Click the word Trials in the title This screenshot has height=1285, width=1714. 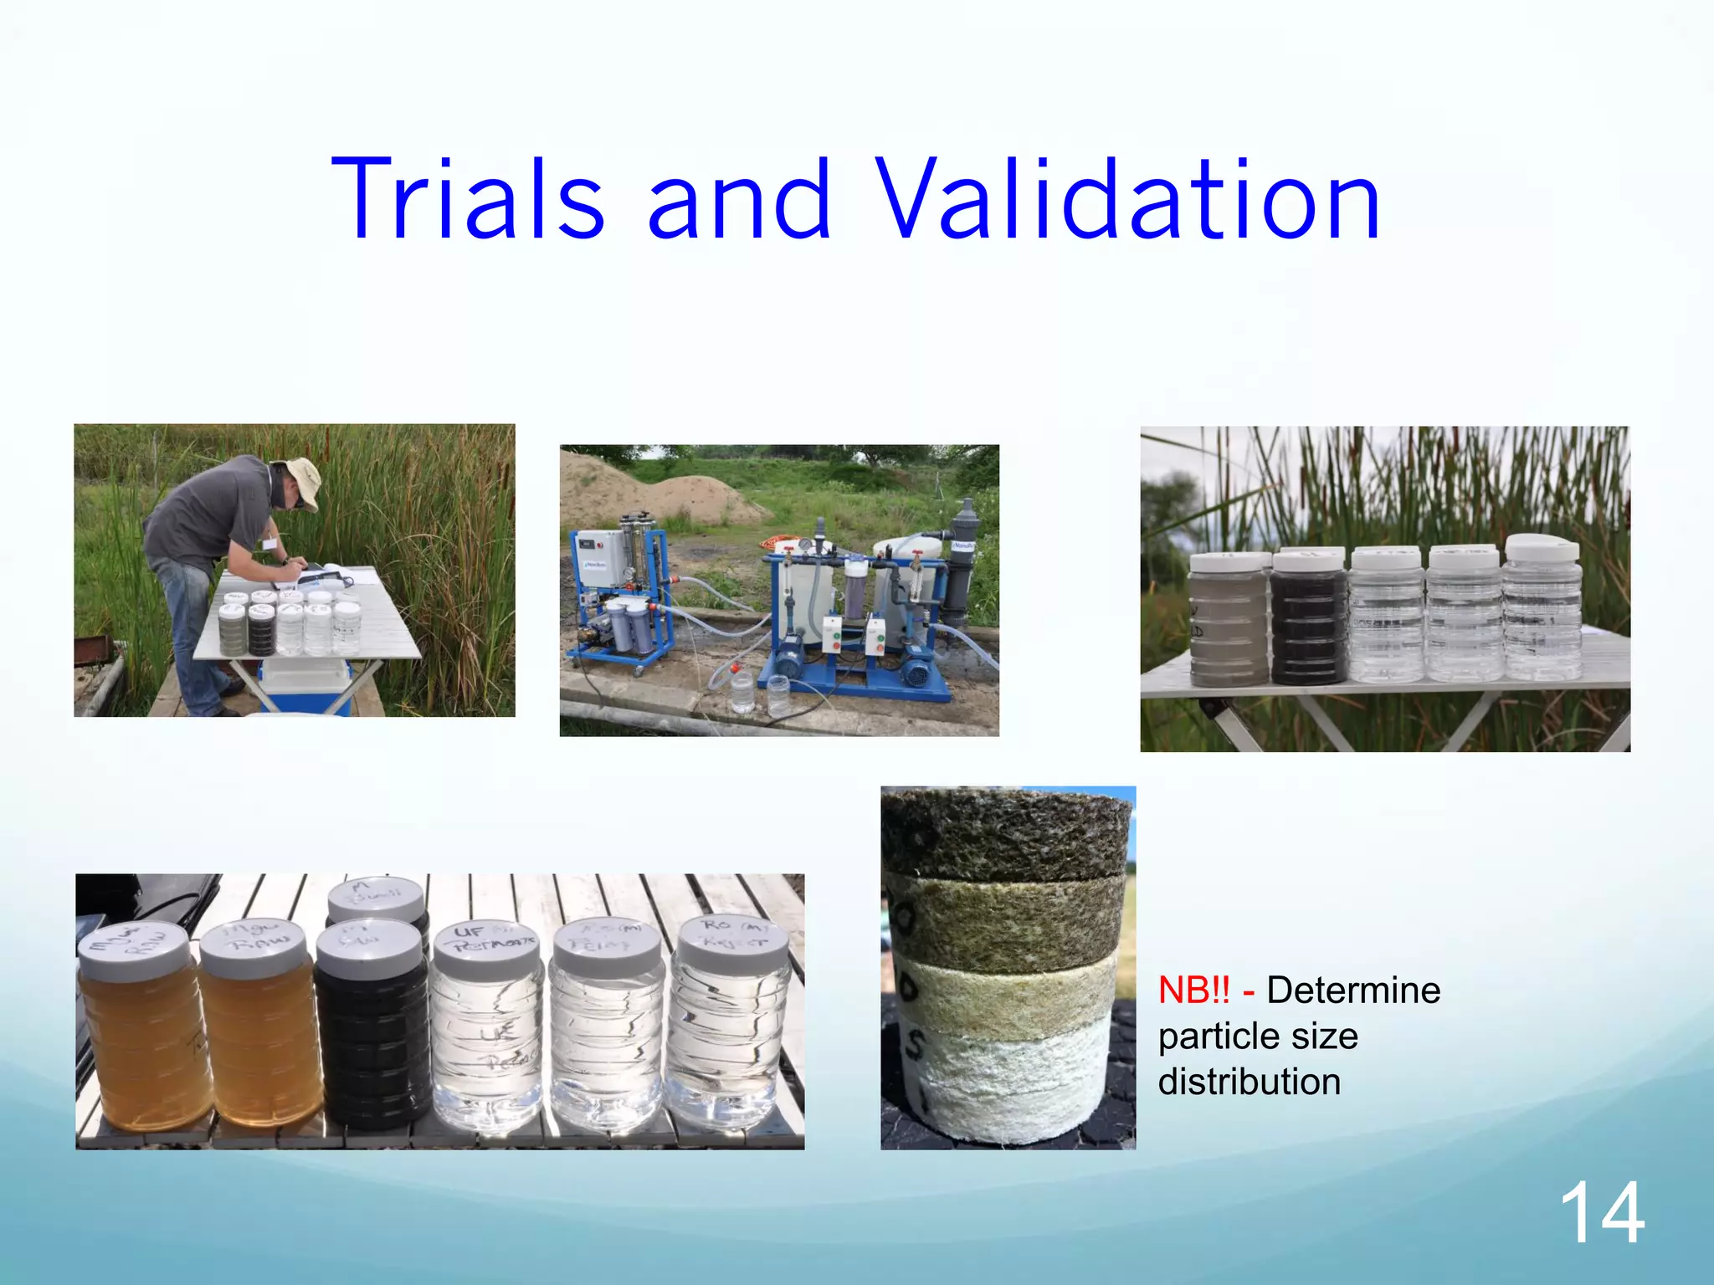[x=467, y=201]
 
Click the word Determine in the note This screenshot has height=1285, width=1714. [x=1353, y=991]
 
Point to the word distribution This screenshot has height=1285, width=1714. [x=1249, y=1082]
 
